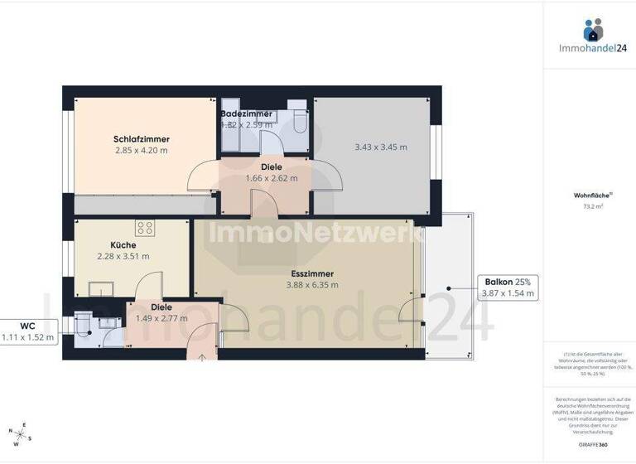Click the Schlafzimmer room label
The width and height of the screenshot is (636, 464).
coord(142,139)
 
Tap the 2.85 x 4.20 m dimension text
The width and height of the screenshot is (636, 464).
coord(142,151)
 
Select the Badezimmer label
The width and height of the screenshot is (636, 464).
coord(246,114)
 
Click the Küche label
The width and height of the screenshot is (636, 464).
coord(123,245)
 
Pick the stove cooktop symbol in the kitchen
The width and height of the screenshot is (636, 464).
coord(145,227)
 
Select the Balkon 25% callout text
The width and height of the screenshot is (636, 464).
coord(507,282)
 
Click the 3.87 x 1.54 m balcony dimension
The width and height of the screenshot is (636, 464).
coord(507,293)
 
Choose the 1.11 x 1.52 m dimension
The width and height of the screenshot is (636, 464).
coord(28,337)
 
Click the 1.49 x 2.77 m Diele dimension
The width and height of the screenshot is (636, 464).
coord(161,318)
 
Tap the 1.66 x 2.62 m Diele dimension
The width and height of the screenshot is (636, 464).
coord(272,178)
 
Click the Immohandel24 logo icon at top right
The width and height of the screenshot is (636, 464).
coord(593,31)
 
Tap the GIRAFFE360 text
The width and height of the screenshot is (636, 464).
coord(589,445)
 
